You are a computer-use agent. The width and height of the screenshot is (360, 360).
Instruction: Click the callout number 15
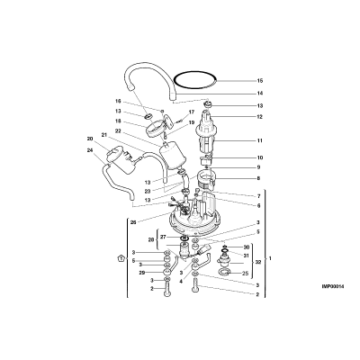pos(260,81)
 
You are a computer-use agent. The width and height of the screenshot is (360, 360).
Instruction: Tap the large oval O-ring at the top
pos(195,73)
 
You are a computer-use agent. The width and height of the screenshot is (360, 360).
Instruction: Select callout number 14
pos(260,94)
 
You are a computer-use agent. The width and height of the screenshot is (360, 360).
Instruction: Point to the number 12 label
pos(260,117)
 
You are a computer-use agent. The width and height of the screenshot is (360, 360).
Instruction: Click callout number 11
pos(260,140)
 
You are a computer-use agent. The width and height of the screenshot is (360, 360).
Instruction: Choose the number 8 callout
pos(258,178)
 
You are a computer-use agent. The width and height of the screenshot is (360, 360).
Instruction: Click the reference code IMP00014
pos(333,286)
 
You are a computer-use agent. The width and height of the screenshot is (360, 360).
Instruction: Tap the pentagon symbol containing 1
pos(121,258)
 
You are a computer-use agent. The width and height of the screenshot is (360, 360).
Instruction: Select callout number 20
pos(90,139)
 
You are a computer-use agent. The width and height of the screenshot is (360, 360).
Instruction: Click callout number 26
pos(133,222)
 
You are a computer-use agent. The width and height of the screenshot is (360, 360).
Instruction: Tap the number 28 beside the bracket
pos(151,239)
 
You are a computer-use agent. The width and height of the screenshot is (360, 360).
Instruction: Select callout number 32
pos(258,262)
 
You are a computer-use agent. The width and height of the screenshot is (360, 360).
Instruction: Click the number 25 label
pos(245,274)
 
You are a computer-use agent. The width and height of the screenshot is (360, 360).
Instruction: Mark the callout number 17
pos(191,112)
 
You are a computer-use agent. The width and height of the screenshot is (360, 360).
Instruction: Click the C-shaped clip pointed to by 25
pos(224,272)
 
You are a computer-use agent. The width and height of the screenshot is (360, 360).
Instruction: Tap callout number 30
pos(247,247)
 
